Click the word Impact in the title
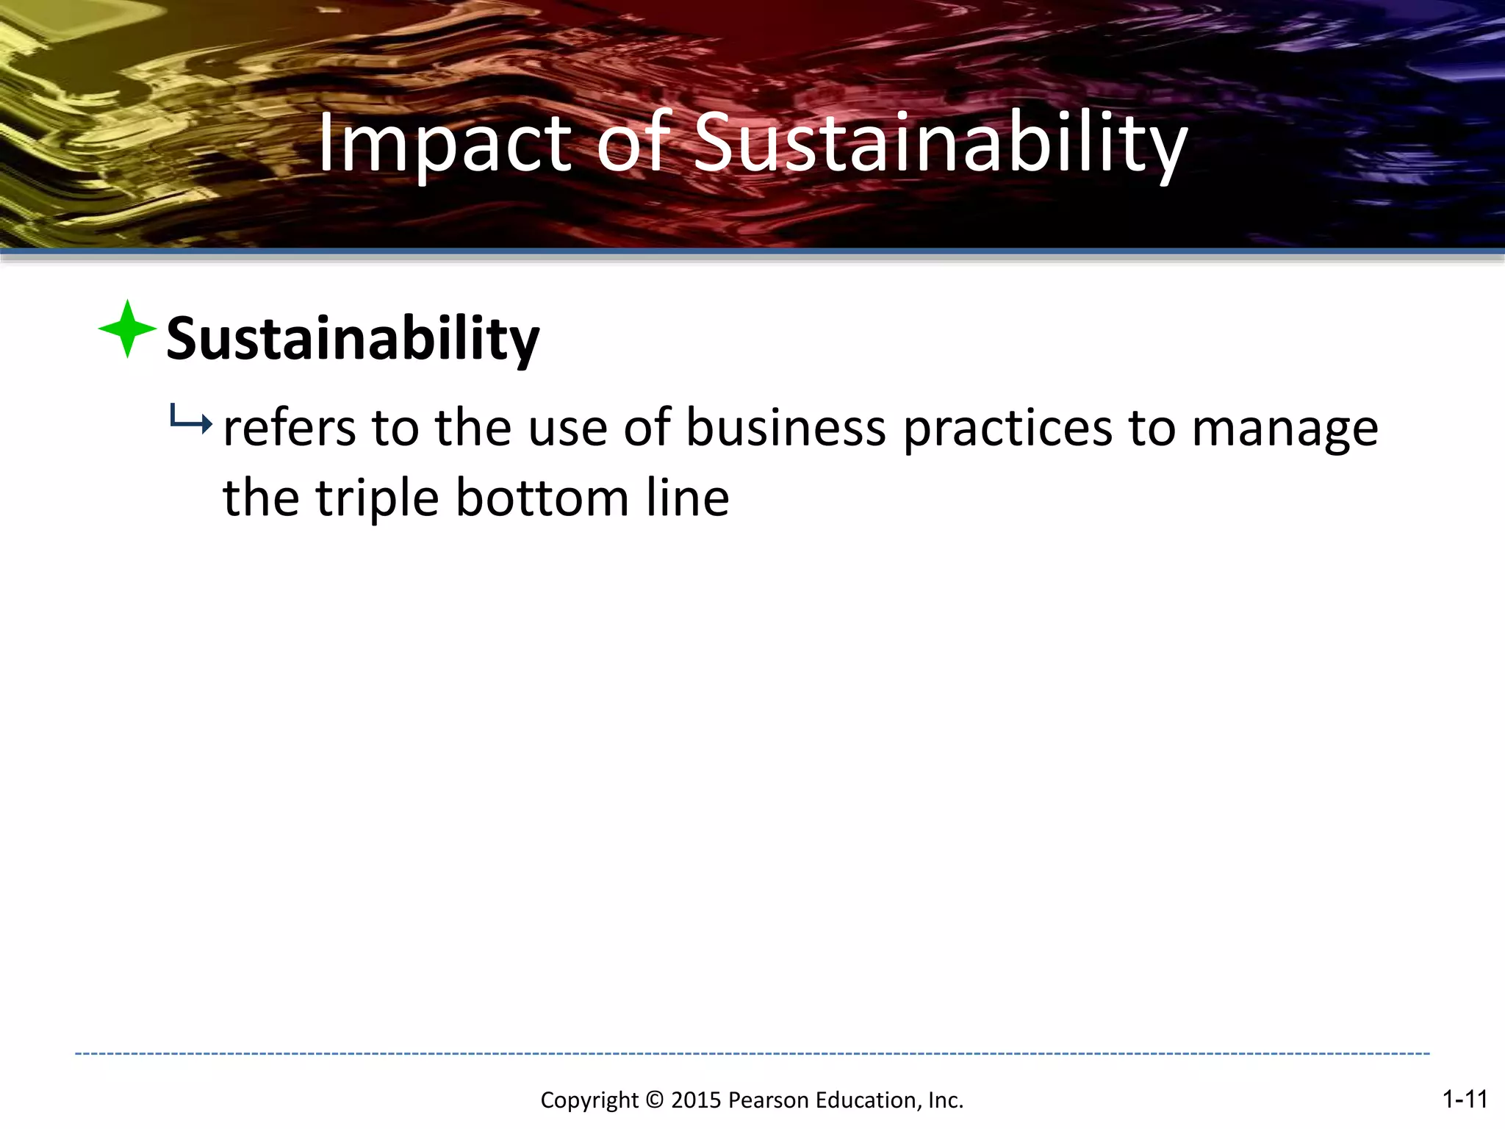pyautogui.click(x=444, y=143)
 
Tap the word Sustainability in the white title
pyautogui.click(x=940, y=143)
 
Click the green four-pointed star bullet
pyautogui.click(x=127, y=329)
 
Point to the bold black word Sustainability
pyautogui.click(x=353, y=339)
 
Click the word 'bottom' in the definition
pyautogui.click(x=542, y=498)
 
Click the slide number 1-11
pyautogui.click(x=1465, y=1099)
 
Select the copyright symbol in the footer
pyautogui.click(x=654, y=1100)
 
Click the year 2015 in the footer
pyautogui.click(x=696, y=1100)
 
